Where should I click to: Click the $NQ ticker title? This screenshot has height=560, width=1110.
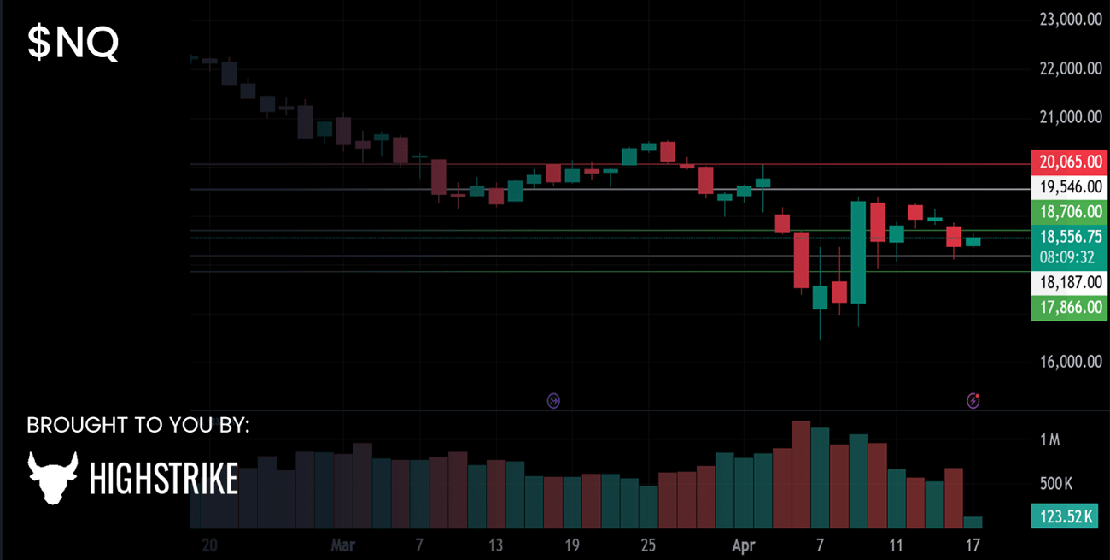(73, 44)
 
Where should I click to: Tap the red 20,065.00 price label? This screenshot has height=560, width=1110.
(1070, 161)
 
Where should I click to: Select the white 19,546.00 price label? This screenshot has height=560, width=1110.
(1070, 186)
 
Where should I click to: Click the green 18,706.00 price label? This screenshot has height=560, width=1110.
(1070, 212)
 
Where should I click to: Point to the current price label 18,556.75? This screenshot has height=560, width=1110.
(1070, 237)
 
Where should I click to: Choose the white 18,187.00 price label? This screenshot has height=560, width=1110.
(1070, 282)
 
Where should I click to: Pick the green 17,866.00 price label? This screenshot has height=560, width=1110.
(1070, 307)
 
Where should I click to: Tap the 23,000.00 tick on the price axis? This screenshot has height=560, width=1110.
(1070, 19)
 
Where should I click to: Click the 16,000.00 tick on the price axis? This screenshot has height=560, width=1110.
(1070, 362)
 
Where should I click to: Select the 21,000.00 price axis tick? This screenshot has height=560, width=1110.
(1070, 117)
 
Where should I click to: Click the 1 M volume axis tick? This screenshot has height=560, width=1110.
(1049, 440)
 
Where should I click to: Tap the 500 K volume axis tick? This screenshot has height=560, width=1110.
(1055, 485)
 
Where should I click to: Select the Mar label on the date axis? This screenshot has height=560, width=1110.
(342, 545)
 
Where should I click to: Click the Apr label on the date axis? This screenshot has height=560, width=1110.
(743, 545)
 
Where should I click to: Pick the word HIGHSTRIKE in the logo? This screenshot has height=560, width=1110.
(163, 480)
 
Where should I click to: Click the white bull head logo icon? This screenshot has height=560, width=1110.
(53, 477)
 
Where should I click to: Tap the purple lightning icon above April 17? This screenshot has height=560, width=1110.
(973, 400)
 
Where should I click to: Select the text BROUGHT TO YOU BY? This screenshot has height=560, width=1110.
(138, 425)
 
